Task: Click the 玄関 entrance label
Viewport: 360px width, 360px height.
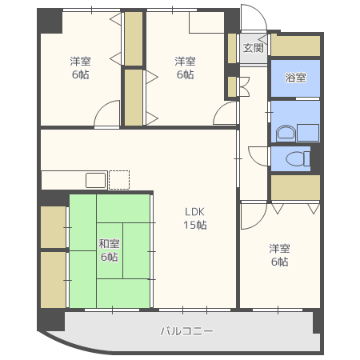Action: coord(254,48)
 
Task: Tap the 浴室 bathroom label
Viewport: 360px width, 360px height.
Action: coord(295,78)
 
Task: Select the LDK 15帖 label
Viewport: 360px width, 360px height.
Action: coord(195,218)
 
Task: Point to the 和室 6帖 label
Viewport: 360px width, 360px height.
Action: coord(109,250)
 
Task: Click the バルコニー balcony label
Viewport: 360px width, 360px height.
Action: coord(186,330)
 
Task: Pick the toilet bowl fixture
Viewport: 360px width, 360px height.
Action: coord(298,158)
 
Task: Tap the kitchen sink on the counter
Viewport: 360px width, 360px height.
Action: coord(96,180)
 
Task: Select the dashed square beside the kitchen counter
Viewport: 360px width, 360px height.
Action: coord(118,179)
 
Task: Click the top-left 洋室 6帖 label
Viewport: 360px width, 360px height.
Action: coord(79,67)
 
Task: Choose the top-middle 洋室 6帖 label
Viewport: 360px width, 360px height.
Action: coord(185,67)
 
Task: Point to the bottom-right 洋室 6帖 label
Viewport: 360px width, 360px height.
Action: coord(279,254)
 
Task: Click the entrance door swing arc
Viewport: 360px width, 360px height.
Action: coord(254,20)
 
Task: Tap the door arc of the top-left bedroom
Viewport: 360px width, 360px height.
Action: coord(107,116)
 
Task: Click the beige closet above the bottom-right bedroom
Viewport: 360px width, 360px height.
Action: coord(295,186)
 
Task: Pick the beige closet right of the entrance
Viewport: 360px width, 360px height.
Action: coord(295,46)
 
